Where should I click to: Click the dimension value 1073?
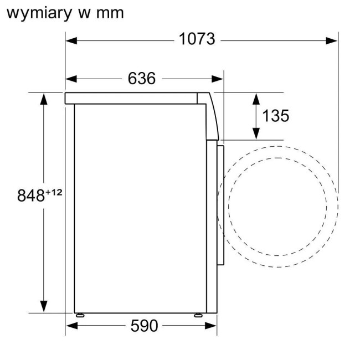(x=197, y=40)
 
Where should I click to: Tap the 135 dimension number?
(x=275, y=116)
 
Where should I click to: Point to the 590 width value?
(x=144, y=326)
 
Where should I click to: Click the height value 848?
(x=30, y=196)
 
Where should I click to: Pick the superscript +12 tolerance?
(x=54, y=192)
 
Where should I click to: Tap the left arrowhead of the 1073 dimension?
(x=70, y=40)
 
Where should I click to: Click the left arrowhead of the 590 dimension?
(x=70, y=326)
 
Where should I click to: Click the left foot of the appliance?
(x=81, y=314)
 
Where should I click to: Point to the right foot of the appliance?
(x=198, y=314)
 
